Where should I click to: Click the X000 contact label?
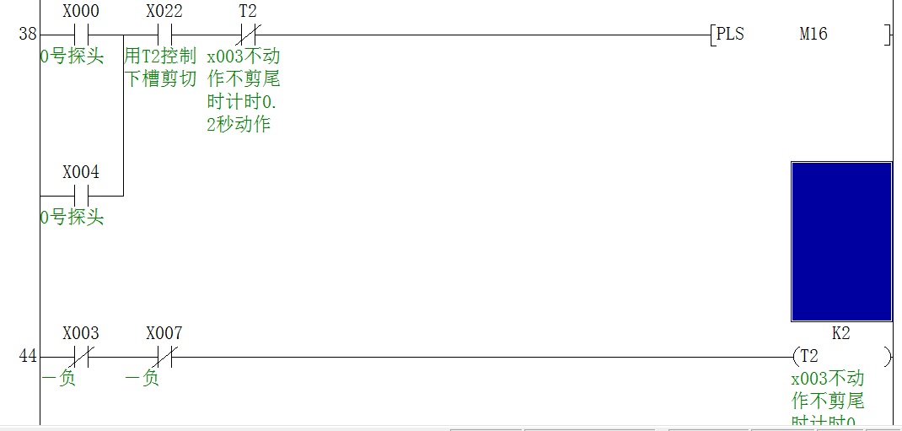click(x=81, y=12)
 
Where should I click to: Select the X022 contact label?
click(x=164, y=12)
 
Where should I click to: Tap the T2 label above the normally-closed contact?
click(x=248, y=12)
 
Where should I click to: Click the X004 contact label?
click(x=81, y=172)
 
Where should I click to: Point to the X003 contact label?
click(x=81, y=333)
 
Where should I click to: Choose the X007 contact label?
click(x=164, y=333)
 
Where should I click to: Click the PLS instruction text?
click(x=730, y=35)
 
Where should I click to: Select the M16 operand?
click(x=813, y=35)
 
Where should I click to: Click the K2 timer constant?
click(x=840, y=333)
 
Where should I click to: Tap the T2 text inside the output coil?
click(x=809, y=356)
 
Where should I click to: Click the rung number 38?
click(x=27, y=35)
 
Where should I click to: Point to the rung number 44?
click(x=27, y=357)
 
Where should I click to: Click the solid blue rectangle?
click(x=841, y=241)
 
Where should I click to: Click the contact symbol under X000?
click(x=81, y=35)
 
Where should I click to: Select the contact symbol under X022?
click(x=164, y=35)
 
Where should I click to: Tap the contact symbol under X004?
click(x=81, y=196)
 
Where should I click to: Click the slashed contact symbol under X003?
click(x=81, y=357)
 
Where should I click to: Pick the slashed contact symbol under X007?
click(x=164, y=357)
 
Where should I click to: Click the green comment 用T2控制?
click(x=160, y=57)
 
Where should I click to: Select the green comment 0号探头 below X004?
click(x=72, y=218)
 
